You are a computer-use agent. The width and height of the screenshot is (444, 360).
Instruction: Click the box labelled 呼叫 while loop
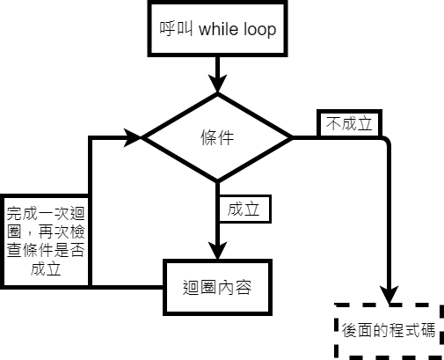click(x=218, y=31)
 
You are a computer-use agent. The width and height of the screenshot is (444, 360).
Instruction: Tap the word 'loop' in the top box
click(x=260, y=31)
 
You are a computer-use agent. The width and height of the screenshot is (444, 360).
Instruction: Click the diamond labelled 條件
click(x=217, y=138)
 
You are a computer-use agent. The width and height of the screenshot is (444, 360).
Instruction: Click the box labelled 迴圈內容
click(x=218, y=287)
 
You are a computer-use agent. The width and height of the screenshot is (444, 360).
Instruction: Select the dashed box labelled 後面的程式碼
click(x=390, y=330)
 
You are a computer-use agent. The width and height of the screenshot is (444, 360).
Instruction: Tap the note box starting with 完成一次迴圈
click(x=45, y=240)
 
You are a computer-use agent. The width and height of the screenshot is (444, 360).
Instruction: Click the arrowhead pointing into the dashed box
click(x=389, y=295)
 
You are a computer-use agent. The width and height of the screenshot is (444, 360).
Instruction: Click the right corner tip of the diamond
click(x=292, y=138)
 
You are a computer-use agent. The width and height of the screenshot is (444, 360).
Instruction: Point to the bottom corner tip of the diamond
click(x=217, y=183)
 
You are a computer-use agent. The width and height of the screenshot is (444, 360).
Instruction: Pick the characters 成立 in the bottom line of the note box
click(x=45, y=269)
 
